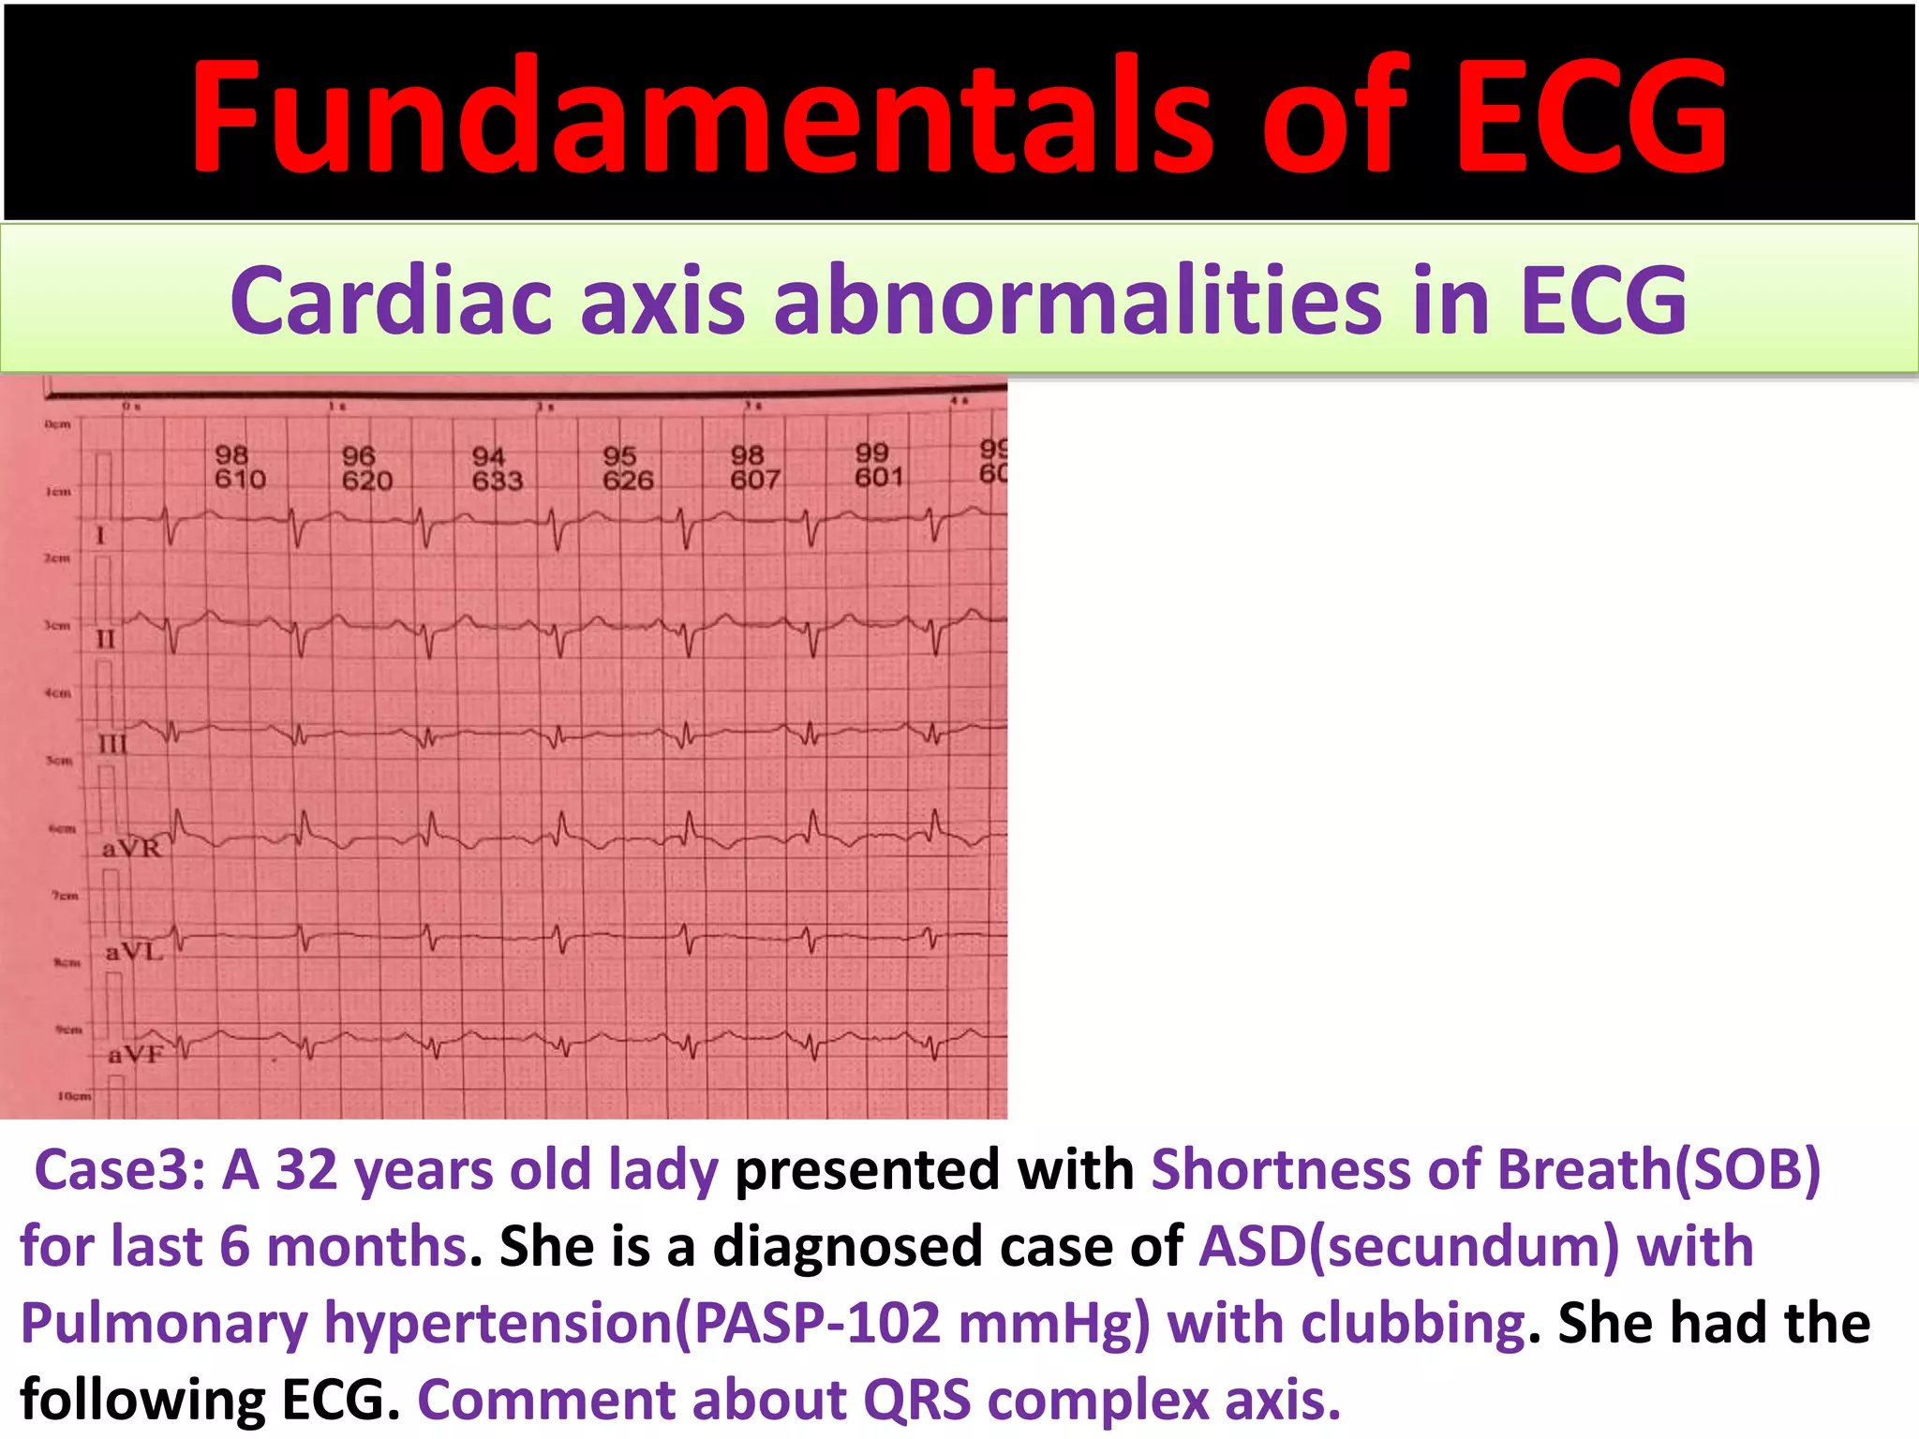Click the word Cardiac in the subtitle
(x=391, y=300)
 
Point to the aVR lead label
(x=132, y=849)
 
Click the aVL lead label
(x=134, y=953)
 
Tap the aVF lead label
(x=136, y=1055)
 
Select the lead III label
(x=112, y=745)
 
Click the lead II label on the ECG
(x=106, y=640)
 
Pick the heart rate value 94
(x=488, y=456)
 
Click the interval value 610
(x=240, y=480)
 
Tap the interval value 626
(x=628, y=481)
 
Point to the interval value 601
(x=879, y=478)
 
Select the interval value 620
(x=366, y=481)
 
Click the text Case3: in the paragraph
(x=119, y=1170)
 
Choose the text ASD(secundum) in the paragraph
(x=1409, y=1246)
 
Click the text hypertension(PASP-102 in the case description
(x=632, y=1323)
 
